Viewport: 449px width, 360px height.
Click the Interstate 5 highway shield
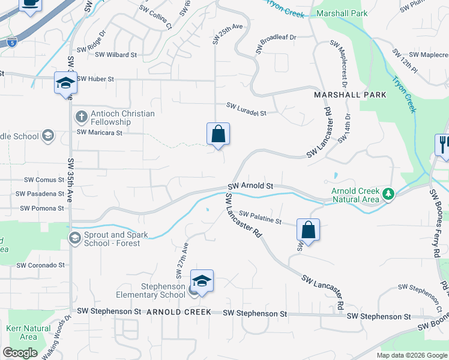13,43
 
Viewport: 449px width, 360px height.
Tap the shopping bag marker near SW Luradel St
218,134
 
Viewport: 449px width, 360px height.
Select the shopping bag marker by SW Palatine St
308,230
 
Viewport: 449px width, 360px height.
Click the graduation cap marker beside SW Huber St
65,83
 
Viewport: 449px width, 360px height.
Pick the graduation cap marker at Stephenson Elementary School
202,281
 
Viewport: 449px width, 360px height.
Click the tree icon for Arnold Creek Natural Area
388,194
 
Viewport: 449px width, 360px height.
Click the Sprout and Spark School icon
75,238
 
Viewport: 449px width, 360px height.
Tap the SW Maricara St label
99,133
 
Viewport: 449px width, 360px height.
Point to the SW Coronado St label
40,265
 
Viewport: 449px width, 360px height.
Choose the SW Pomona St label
41,209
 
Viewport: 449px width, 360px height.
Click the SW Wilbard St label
116,55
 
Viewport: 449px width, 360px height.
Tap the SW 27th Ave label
182,260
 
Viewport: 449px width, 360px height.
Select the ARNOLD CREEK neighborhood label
179,312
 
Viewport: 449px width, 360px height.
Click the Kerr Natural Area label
28,332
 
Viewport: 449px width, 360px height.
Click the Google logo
20,353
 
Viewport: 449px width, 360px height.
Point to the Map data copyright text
412,355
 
